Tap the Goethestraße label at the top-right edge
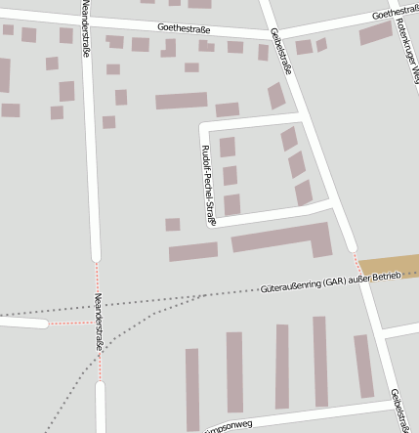pyautogui.click(x=395, y=14)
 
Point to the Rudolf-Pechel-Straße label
pyautogui.click(x=207, y=185)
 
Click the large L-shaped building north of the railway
pyautogui.click(x=283, y=238)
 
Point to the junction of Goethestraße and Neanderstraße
pyautogui.click(x=86, y=22)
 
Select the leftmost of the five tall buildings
pyautogui.click(x=192, y=388)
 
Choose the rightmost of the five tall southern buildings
pyautogui.click(x=363, y=366)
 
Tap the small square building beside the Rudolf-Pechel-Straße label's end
pyautogui.click(x=173, y=225)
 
